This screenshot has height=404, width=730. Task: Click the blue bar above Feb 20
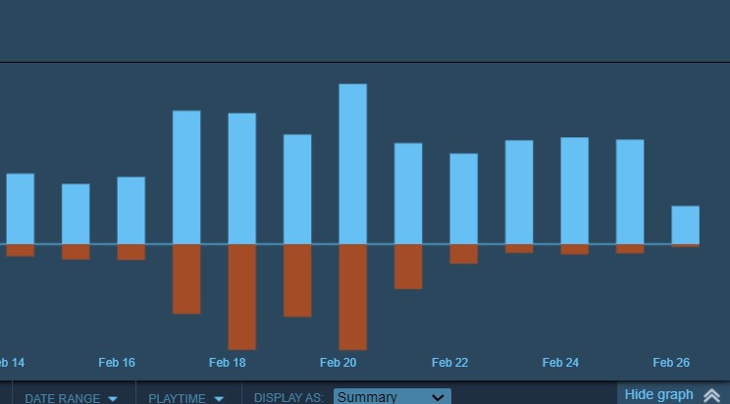tap(352, 164)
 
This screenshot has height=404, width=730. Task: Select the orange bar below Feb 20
tap(352, 296)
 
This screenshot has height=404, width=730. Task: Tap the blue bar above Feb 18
tap(241, 178)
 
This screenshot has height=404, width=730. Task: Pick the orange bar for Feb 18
tap(241, 296)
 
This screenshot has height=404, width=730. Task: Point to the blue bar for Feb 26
tap(685, 225)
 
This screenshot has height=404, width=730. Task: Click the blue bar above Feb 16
tap(130, 210)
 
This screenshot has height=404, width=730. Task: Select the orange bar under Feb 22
tap(463, 254)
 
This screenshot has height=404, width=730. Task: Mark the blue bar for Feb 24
tap(574, 190)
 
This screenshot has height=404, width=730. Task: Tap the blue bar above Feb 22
tap(463, 198)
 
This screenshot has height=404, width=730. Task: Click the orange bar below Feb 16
tap(130, 252)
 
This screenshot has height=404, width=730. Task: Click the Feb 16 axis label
tap(117, 363)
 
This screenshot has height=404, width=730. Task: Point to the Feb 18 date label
tap(228, 363)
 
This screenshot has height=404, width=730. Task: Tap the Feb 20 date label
tap(339, 363)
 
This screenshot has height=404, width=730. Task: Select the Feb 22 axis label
tap(449, 363)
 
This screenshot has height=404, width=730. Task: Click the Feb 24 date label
tap(560, 363)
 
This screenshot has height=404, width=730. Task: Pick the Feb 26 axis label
tap(671, 363)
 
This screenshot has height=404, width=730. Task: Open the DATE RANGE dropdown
tap(71, 398)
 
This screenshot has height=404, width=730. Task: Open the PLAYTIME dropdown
tap(185, 398)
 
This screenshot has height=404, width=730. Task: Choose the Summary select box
tap(391, 397)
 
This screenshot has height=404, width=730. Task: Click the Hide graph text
tap(658, 394)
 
